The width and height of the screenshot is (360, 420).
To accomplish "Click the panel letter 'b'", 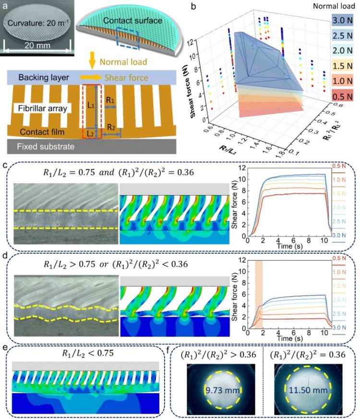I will coord(192,7).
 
